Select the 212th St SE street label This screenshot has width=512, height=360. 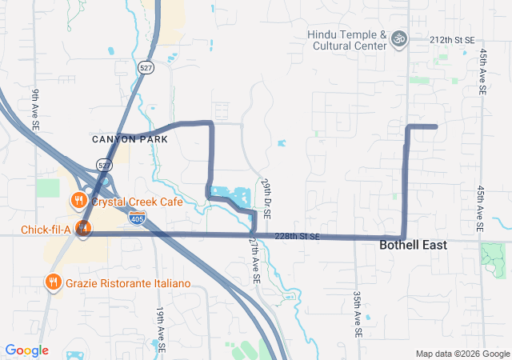452,39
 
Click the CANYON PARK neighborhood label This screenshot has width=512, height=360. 130,139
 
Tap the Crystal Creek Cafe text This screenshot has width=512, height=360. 136,202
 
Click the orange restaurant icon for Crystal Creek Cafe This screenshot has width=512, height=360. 78,200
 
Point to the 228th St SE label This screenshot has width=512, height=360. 296,237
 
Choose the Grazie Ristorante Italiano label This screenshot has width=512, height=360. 128,282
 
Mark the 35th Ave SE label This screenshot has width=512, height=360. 358,313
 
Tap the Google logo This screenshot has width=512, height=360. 26,350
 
